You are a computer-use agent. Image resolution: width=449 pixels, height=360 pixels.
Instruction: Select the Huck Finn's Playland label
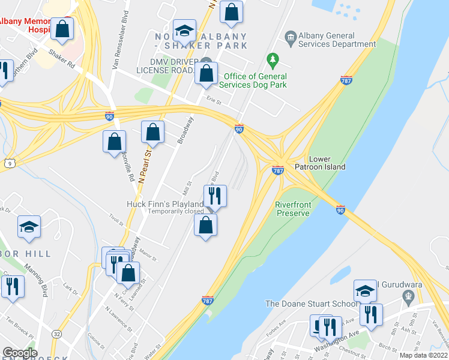(164, 204)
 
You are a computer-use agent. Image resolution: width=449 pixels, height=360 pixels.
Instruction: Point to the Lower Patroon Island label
(319, 163)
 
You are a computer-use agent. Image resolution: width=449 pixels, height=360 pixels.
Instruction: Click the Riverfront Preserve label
(293, 209)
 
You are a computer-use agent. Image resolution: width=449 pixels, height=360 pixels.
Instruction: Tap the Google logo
(20, 353)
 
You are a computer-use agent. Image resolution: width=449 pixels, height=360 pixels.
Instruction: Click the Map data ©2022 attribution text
(424, 355)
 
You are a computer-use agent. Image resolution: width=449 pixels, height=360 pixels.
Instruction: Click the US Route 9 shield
(8, 163)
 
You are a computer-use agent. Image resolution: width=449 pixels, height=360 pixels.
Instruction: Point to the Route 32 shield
(56, 334)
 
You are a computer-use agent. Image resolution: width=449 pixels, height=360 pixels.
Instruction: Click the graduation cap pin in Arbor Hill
(29, 227)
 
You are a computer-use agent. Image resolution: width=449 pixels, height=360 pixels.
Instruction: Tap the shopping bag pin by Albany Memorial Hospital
(62, 28)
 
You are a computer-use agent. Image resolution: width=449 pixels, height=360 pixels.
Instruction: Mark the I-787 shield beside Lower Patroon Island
(278, 170)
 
